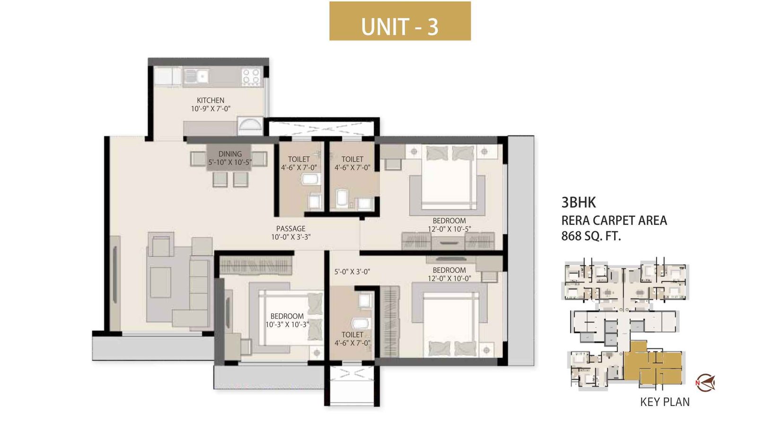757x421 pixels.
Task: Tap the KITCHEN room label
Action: (211, 100)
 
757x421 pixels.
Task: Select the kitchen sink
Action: (196, 76)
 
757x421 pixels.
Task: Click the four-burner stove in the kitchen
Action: (251, 77)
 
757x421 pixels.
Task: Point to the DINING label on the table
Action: (230, 154)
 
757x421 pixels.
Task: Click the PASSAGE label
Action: (290, 229)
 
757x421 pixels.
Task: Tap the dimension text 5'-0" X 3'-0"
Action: (352, 272)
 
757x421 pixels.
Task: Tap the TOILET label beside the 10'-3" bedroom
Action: (352, 335)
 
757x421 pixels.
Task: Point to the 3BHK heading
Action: (578, 203)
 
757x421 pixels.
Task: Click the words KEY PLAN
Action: (664, 402)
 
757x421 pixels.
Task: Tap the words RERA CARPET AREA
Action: (614, 221)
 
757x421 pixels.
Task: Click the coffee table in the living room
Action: (160, 282)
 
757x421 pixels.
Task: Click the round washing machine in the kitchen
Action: (249, 125)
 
